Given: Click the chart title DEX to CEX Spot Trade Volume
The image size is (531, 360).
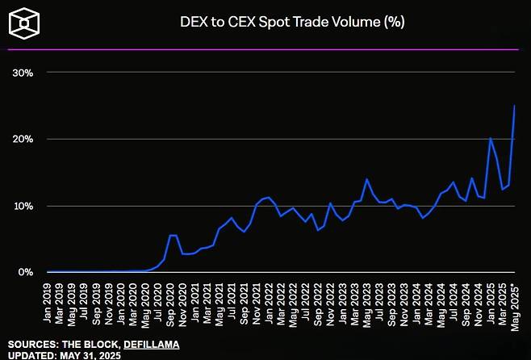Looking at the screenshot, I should (x=291, y=22).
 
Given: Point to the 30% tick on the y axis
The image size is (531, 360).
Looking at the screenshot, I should (x=23, y=73).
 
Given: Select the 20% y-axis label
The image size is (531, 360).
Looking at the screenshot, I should (x=23, y=140).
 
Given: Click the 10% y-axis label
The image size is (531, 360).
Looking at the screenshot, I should (x=23, y=206).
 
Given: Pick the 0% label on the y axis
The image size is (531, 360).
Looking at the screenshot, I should (x=26, y=273).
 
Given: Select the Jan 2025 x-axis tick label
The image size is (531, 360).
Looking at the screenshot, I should (x=490, y=301).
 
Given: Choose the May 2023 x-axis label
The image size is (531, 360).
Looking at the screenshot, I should (x=367, y=301).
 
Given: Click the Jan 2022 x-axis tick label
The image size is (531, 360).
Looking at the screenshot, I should (x=269, y=301).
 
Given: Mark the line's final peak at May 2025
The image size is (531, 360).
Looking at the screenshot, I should (x=515, y=106).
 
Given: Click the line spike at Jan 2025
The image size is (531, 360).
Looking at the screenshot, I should (x=491, y=138).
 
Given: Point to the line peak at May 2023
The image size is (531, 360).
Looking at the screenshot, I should (x=367, y=179).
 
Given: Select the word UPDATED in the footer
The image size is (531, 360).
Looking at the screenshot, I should (x=32, y=355).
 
